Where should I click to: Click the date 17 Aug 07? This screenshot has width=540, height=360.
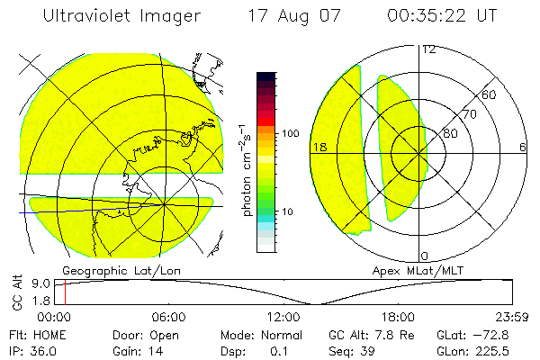pyautogui.click(x=291, y=16)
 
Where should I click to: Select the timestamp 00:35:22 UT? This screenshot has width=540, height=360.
pyautogui.click(x=442, y=16)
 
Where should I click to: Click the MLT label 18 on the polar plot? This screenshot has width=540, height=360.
pyautogui.click(x=318, y=147)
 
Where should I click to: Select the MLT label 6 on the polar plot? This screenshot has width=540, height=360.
pyautogui.click(x=522, y=147)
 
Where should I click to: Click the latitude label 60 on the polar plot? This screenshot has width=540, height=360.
pyautogui.click(x=490, y=94)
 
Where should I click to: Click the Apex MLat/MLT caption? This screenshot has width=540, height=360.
pyautogui.click(x=409, y=270)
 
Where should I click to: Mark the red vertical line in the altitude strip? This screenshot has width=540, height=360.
pyautogui.click(x=65, y=292)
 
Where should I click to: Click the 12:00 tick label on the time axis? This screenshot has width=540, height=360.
pyautogui.click(x=283, y=317)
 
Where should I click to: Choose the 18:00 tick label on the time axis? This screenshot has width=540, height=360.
pyautogui.click(x=398, y=317)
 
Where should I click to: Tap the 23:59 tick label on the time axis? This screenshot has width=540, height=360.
pyautogui.click(x=513, y=317)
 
